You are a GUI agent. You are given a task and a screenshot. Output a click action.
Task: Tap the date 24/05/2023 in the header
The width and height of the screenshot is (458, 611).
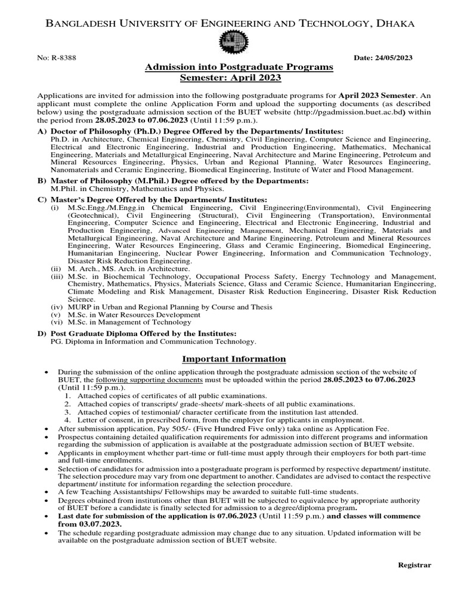coord(393,57)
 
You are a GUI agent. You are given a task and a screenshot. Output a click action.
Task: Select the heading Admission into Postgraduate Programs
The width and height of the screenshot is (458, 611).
coord(239,67)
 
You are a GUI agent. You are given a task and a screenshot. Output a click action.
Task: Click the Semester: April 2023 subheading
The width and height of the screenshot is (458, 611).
coord(230,78)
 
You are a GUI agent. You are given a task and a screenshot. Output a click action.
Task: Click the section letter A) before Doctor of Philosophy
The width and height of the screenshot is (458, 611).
coord(42,130)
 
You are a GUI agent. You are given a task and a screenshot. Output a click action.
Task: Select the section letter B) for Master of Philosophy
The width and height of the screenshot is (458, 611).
coord(42,181)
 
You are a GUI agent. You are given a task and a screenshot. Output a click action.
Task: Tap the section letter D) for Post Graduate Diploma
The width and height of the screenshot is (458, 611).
coord(42,334)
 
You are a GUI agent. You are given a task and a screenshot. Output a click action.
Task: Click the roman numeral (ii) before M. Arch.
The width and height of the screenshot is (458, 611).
coord(55,269)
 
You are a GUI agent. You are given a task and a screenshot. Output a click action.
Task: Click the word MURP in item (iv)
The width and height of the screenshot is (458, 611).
coord(79,307)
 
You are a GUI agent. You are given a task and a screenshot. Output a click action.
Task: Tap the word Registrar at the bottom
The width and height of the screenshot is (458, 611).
coord(414,565)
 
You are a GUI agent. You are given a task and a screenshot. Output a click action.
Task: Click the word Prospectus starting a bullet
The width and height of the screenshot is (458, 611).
coord(77,437)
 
